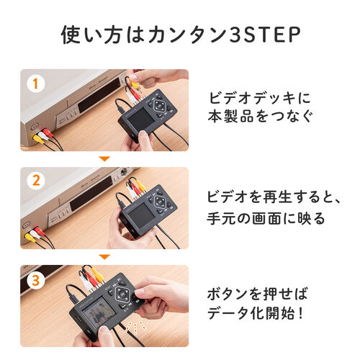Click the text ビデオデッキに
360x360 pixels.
click(260, 98)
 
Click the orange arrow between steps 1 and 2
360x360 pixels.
click(104, 158)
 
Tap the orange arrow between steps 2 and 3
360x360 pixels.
click(104, 256)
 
